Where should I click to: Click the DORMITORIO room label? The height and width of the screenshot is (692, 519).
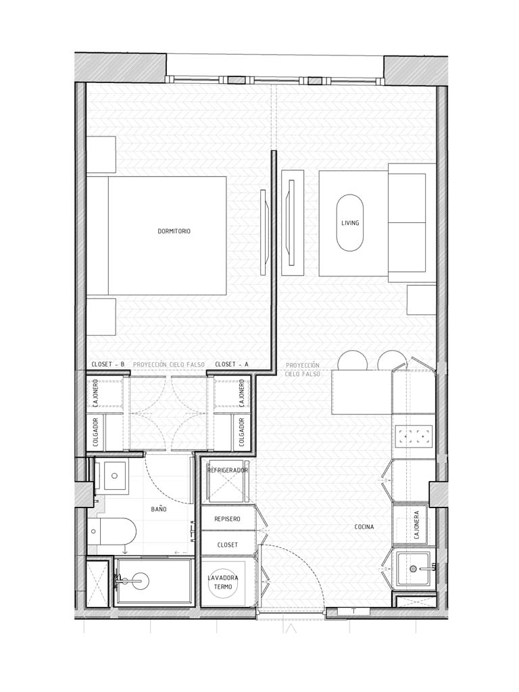tap(174, 231)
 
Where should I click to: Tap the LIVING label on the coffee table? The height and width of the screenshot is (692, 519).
tap(350, 223)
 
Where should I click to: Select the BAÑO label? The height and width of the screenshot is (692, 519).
tap(159, 509)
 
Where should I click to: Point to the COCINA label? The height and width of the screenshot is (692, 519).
tap(364, 527)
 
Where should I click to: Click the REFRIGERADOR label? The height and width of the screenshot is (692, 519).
tap(228, 470)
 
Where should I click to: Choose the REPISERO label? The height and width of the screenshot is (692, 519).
tap(227, 519)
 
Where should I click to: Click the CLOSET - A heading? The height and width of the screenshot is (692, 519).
tap(232, 364)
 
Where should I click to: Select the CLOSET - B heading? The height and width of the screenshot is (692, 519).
tap(107, 364)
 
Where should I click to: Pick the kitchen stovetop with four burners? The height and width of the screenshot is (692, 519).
tap(414, 437)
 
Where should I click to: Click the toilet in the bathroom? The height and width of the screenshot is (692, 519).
tap(112, 531)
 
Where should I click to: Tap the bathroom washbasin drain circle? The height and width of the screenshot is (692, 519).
tap(114, 476)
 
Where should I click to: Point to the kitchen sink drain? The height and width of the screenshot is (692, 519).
tap(413, 569)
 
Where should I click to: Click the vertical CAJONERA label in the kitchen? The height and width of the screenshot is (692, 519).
tap(417, 525)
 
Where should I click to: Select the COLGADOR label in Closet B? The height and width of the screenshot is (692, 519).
tap(96, 432)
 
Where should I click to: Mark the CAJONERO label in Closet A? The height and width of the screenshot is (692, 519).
tap(242, 393)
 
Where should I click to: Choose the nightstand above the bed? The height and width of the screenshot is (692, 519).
tap(101, 155)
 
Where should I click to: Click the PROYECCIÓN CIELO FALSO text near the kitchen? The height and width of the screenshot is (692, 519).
tap(303, 370)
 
